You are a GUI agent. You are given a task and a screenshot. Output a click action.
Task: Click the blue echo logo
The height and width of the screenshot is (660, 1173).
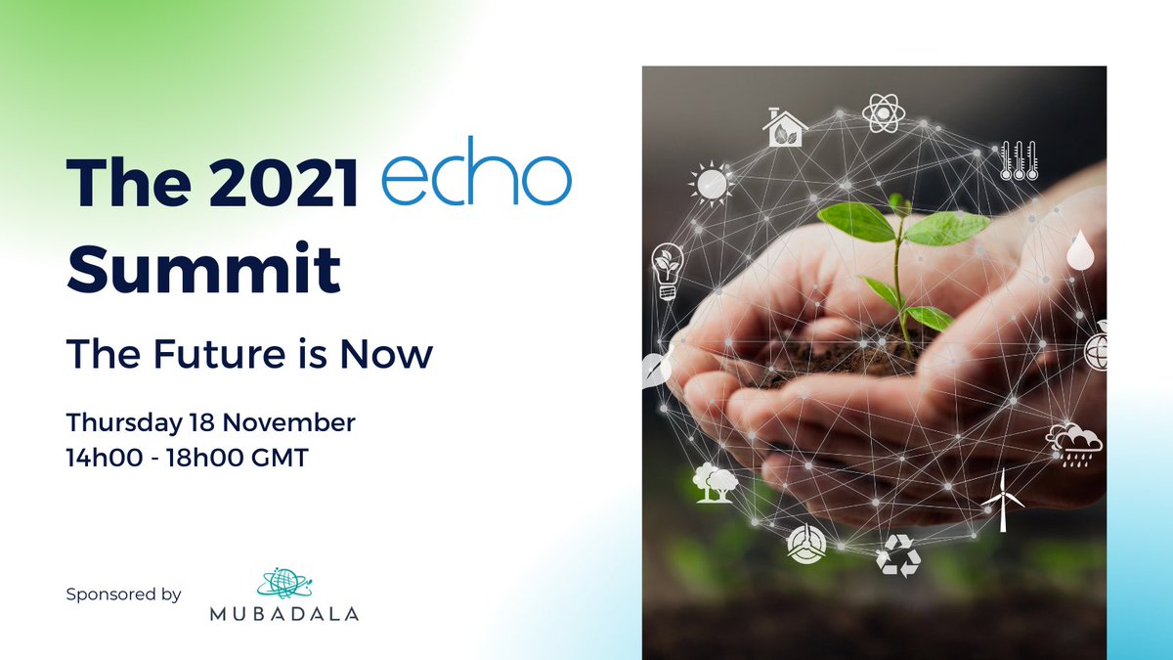pos(475,179)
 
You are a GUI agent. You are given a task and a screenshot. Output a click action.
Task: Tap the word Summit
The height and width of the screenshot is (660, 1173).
pos(203,267)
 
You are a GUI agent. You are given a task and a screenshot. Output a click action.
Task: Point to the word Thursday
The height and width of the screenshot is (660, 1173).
pos(120,423)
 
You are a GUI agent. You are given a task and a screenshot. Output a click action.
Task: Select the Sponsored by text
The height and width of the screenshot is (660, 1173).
pos(124,594)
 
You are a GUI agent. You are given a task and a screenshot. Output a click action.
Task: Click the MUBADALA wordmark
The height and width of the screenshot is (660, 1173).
pos(284,614)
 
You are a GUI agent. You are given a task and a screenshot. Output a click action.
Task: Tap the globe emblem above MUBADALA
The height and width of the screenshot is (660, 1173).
pos(282,582)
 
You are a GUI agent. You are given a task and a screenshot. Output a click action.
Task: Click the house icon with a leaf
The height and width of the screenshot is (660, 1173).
pos(785,127)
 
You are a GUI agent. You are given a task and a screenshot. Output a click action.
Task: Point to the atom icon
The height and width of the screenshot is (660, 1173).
pos(881,112)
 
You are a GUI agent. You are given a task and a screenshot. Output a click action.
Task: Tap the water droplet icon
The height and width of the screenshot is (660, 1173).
pos(1079,251)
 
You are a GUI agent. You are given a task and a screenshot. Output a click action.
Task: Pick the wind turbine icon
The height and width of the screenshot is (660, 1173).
pos(1002,499)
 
